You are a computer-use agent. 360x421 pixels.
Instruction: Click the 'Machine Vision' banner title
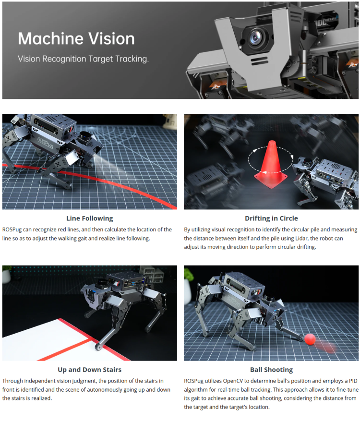[x=76, y=38]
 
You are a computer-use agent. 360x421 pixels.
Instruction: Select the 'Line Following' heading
[x=90, y=218]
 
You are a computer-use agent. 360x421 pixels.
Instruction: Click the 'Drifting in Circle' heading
[x=271, y=218]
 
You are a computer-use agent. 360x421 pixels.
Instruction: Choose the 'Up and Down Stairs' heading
[x=90, y=370]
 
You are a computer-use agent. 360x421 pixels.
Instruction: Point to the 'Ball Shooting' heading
[x=271, y=370]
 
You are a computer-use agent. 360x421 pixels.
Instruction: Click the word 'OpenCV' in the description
[x=237, y=381]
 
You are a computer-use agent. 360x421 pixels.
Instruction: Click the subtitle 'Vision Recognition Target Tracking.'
[x=83, y=59]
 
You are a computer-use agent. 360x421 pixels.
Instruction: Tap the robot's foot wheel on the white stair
[x=98, y=347]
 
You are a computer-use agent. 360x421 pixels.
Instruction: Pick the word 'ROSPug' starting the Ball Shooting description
[x=194, y=381]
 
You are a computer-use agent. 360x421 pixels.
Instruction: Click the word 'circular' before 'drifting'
[x=278, y=247]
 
